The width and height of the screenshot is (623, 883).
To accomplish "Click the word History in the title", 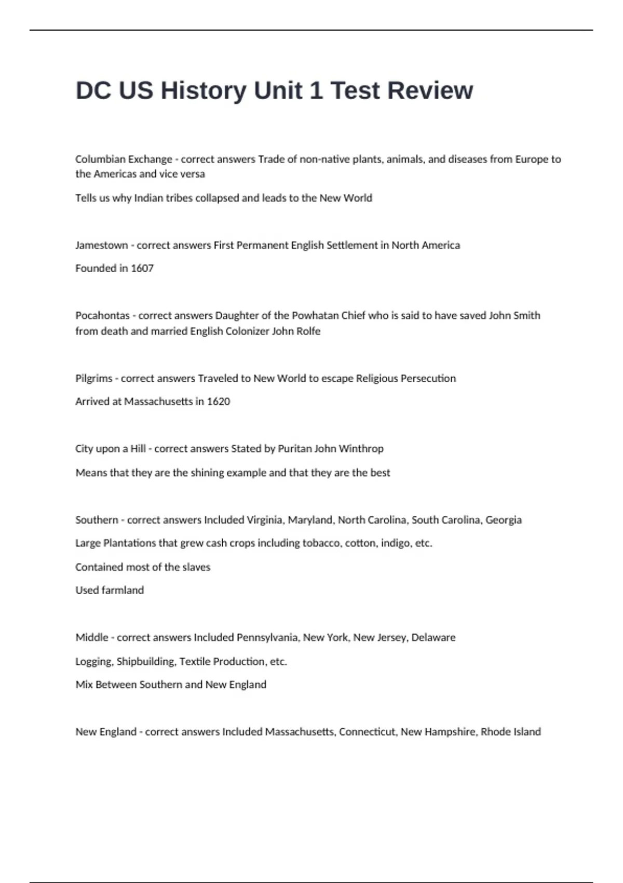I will pyautogui.click(x=204, y=90).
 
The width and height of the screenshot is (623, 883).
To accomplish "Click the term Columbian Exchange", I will pyautogui.click(x=124, y=159).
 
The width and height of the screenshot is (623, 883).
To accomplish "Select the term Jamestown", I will pyautogui.click(x=101, y=245).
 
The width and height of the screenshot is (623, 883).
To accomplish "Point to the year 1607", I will pyautogui.click(x=142, y=269).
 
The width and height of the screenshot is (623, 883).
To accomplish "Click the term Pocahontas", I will pyautogui.click(x=102, y=316).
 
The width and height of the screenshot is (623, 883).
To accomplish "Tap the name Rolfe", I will pyautogui.click(x=309, y=331).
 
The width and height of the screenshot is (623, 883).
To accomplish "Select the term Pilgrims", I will pyautogui.click(x=93, y=379).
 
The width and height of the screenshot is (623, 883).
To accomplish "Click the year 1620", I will pyautogui.click(x=218, y=402).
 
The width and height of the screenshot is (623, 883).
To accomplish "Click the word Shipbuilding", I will pyautogui.click(x=146, y=662).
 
